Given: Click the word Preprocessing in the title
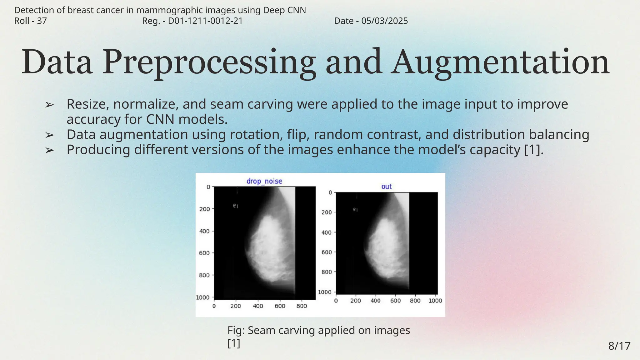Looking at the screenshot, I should point(208,62).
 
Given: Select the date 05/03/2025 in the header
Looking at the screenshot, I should point(384,21).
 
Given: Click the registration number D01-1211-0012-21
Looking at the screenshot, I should point(205,21).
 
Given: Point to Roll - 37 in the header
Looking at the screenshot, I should point(31,21).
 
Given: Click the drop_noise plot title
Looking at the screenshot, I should point(264,181).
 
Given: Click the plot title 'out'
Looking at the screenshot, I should point(386,187).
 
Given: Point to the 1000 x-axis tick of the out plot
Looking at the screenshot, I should point(435,301).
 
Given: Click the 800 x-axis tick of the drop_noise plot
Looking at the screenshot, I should point(302,306).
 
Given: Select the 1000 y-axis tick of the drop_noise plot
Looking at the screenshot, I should point(202,297).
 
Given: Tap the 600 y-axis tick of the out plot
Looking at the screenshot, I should point(327,252).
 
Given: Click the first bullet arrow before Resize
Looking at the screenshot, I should point(49,105).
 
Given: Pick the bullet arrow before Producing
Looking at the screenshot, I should point(49,150).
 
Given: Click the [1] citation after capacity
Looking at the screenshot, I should point(533,150).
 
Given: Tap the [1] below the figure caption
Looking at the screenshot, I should point(234,343).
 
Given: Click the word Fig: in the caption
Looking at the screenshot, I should point(236,330).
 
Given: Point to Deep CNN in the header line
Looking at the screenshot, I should point(284,10).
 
